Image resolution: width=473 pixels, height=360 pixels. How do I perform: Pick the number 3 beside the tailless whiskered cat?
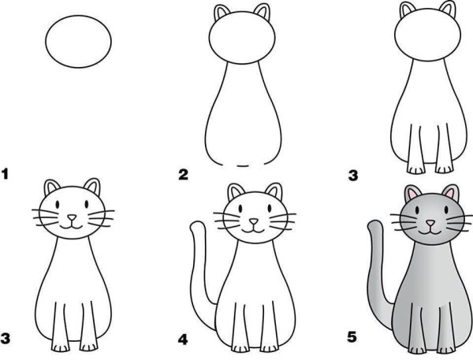(x=7, y=340)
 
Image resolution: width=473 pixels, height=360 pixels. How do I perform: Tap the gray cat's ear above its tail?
(x=410, y=194)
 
